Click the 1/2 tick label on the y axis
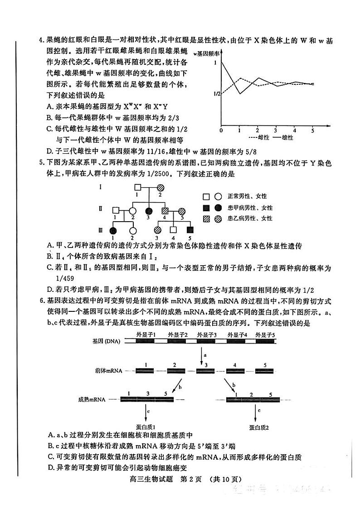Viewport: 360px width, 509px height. click(216, 94)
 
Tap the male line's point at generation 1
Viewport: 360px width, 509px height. click(240, 94)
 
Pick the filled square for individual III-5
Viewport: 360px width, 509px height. click(190, 230)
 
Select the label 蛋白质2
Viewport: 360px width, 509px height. click(259, 427)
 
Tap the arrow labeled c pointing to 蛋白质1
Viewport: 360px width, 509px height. click(146, 412)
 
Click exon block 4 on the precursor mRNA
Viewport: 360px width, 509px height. click(234, 370)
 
